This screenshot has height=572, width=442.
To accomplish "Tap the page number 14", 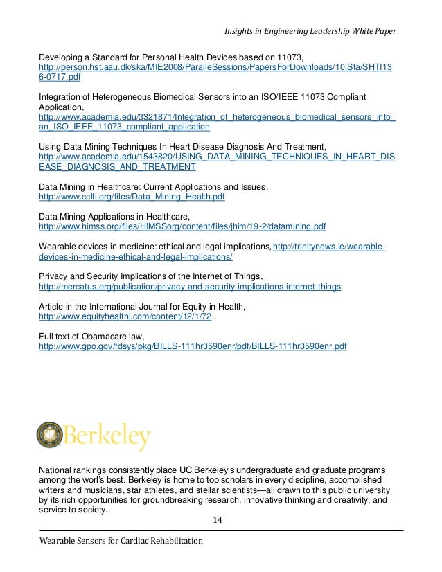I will tap(220, 519).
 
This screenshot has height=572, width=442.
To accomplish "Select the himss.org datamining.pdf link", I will tap(183, 226).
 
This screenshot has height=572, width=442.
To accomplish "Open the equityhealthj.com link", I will tap(125, 316).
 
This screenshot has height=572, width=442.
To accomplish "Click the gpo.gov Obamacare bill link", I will tap(193, 345).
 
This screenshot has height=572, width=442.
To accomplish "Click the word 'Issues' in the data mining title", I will tap(252, 188).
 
